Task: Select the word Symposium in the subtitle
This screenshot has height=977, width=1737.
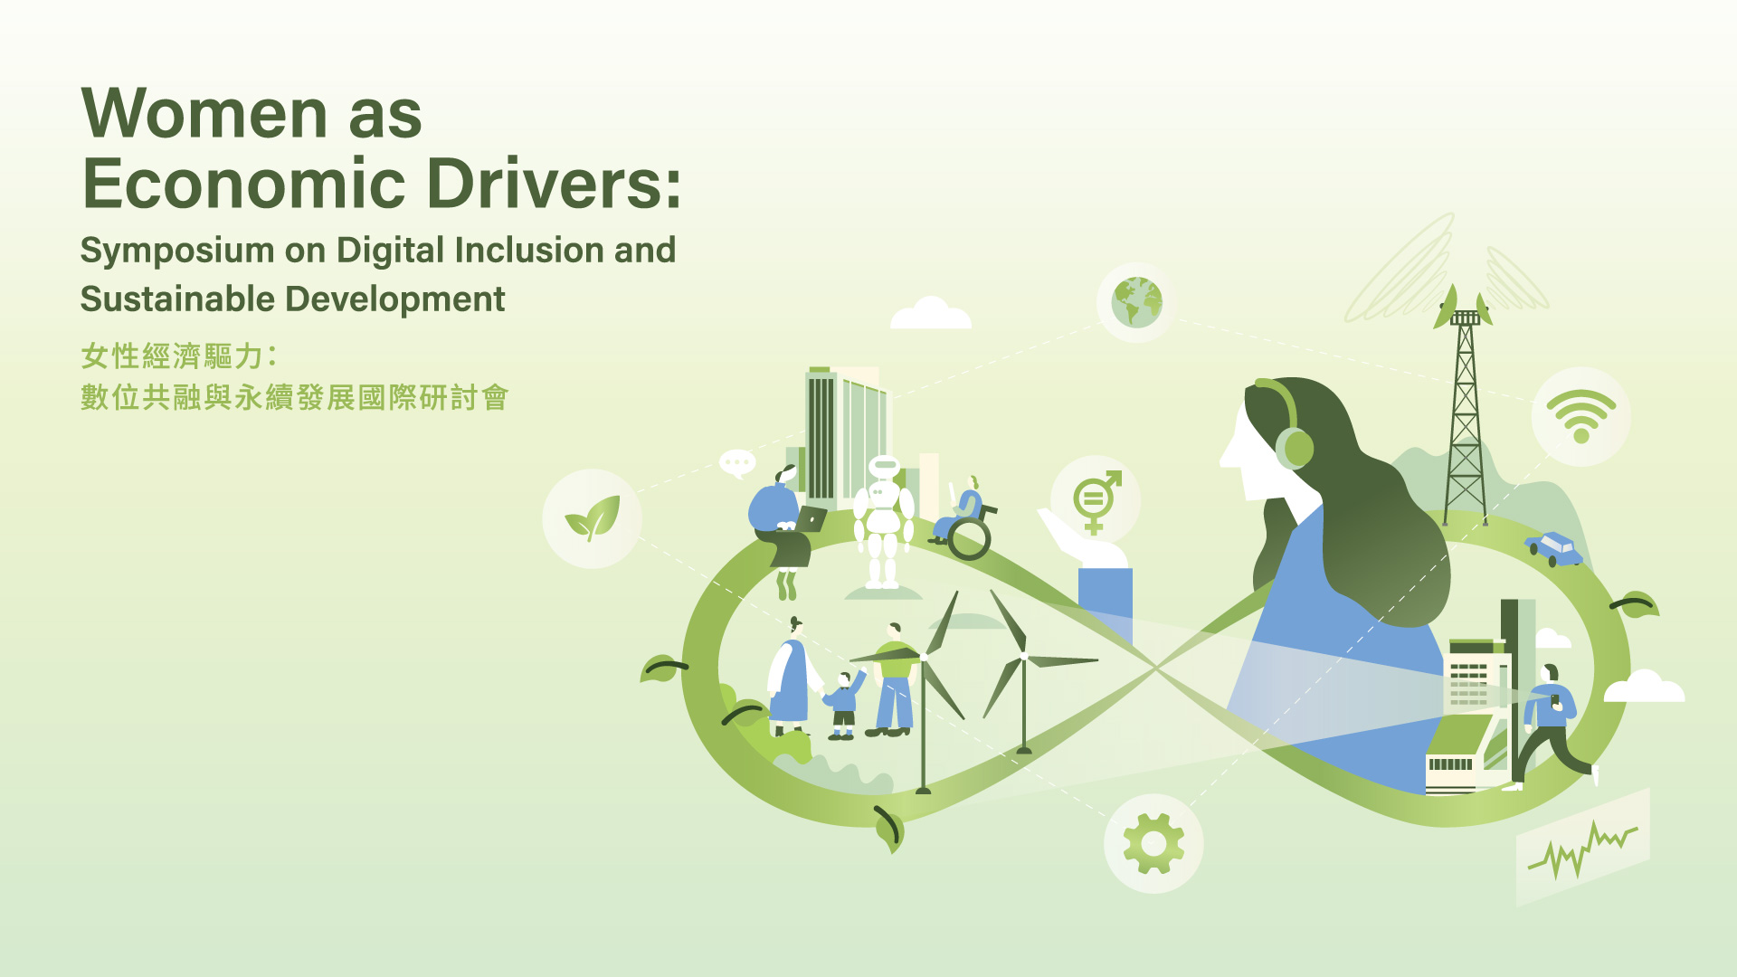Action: pos(177,251)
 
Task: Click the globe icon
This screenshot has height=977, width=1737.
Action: pos(1137,302)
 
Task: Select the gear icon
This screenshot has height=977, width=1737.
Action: pos(1153,843)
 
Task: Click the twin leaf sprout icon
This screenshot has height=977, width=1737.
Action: pos(593,518)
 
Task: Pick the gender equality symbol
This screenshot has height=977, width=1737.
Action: pos(1096,501)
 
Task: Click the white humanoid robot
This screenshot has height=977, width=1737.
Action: pos(883,522)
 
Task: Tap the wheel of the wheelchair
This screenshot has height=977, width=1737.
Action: pos(969,539)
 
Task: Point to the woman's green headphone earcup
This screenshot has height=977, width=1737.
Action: pos(1295,448)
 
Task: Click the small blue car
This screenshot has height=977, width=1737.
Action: pos(1553,548)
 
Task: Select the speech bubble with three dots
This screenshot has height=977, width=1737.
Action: pos(737,463)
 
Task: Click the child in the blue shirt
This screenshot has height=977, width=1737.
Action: pos(844,705)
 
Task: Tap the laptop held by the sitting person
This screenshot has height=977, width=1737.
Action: pos(811,519)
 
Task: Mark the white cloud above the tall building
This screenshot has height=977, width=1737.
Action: pos(930,313)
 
